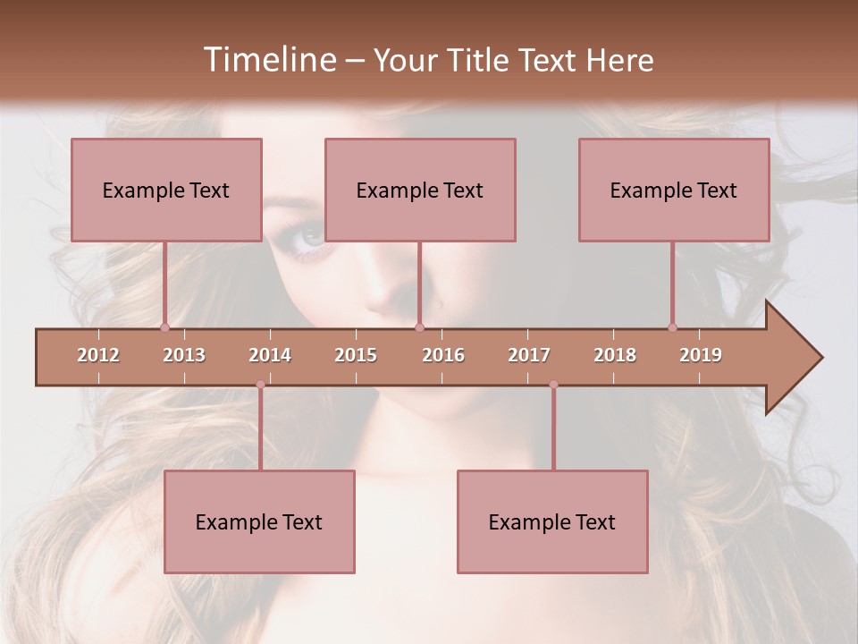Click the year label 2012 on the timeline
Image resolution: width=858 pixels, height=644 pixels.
[x=98, y=355]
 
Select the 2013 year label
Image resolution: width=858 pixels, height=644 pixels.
[x=184, y=355]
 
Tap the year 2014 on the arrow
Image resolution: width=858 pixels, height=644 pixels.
[x=270, y=355]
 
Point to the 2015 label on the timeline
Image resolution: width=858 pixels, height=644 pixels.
[x=356, y=355]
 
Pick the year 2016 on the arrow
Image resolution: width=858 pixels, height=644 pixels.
[x=443, y=355]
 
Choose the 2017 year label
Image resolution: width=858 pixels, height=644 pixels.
[x=529, y=355]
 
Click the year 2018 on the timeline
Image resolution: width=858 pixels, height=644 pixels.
[x=615, y=355]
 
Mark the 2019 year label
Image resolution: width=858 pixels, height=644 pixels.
[x=701, y=355]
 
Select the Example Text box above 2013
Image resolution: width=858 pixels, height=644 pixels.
[x=166, y=190]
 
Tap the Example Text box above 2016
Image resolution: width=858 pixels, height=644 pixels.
[x=420, y=190]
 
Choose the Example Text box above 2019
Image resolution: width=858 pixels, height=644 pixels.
[x=674, y=190]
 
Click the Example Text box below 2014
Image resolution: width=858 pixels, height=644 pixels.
[x=259, y=521]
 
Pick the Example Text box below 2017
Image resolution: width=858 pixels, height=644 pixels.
[x=552, y=521]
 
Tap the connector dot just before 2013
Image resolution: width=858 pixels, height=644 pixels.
[x=164, y=327]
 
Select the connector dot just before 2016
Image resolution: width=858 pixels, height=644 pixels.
[x=419, y=327]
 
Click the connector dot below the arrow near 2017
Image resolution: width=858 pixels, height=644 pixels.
[x=553, y=385]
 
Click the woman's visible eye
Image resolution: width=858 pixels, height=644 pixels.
[x=310, y=237]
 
